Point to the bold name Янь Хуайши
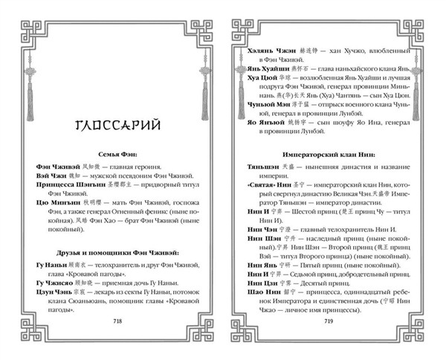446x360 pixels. [262, 63]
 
